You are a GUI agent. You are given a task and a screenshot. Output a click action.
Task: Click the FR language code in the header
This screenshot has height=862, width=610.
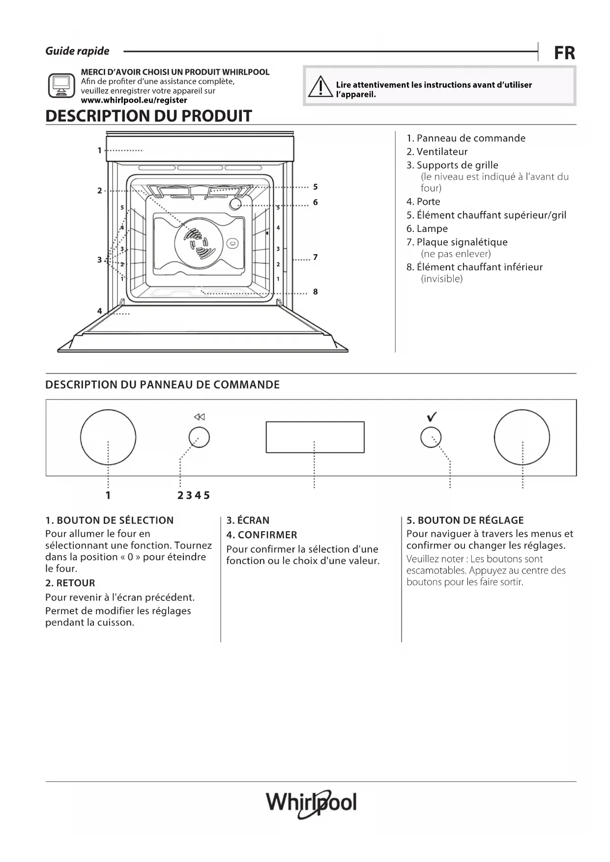pyautogui.click(x=564, y=53)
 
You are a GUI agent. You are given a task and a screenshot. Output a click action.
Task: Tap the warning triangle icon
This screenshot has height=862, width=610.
pyautogui.click(x=320, y=87)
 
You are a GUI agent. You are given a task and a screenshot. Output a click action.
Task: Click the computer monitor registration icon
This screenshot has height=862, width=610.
pyautogui.click(x=61, y=86)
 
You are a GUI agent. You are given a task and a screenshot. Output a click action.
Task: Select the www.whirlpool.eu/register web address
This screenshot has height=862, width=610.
pyautogui.click(x=134, y=100)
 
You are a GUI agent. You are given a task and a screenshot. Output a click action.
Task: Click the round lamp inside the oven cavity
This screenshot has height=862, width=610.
pyautogui.click(x=235, y=204)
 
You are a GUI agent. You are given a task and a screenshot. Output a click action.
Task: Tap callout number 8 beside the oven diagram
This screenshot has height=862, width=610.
pyautogui.click(x=315, y=292)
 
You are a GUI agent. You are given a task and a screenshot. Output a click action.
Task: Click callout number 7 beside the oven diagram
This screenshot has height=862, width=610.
pyautogui.click(x=315, y=257)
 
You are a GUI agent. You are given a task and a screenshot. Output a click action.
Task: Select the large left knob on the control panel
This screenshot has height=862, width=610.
pyautogui.click(x=108, y=437)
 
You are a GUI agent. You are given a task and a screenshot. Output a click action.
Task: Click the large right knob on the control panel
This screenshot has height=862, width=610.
pyautogui.click(x=522, y=437)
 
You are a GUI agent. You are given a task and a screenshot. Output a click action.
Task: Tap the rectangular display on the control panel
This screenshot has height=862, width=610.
pyautogui.click(x=315, y=437)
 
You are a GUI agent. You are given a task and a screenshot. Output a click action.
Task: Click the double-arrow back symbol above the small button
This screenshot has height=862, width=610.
pyautogui.click(x=199, y=417)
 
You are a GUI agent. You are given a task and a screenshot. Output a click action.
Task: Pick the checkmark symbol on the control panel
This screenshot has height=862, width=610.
pyautogui.click(x=432, y=417)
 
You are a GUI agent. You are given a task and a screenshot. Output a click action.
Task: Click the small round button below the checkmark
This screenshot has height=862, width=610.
pyautogui.click(x=431, y=437)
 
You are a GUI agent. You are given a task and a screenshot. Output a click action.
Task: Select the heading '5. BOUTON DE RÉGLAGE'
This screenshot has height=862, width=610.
pyautogui.click(x=465, y=520)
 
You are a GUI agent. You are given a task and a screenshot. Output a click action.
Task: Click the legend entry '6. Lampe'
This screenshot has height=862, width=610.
pyautogui.click(x=427, y=229)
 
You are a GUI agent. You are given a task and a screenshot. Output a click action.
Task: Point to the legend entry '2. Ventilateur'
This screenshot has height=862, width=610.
pyautogui.click(x=436, y=152)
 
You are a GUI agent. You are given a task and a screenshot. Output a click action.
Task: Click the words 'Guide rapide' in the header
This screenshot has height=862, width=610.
pyautogui.click(x=77, y=51)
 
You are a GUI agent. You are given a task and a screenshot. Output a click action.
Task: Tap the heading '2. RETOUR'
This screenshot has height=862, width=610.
pyautogui.click(x=70, y=583)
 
